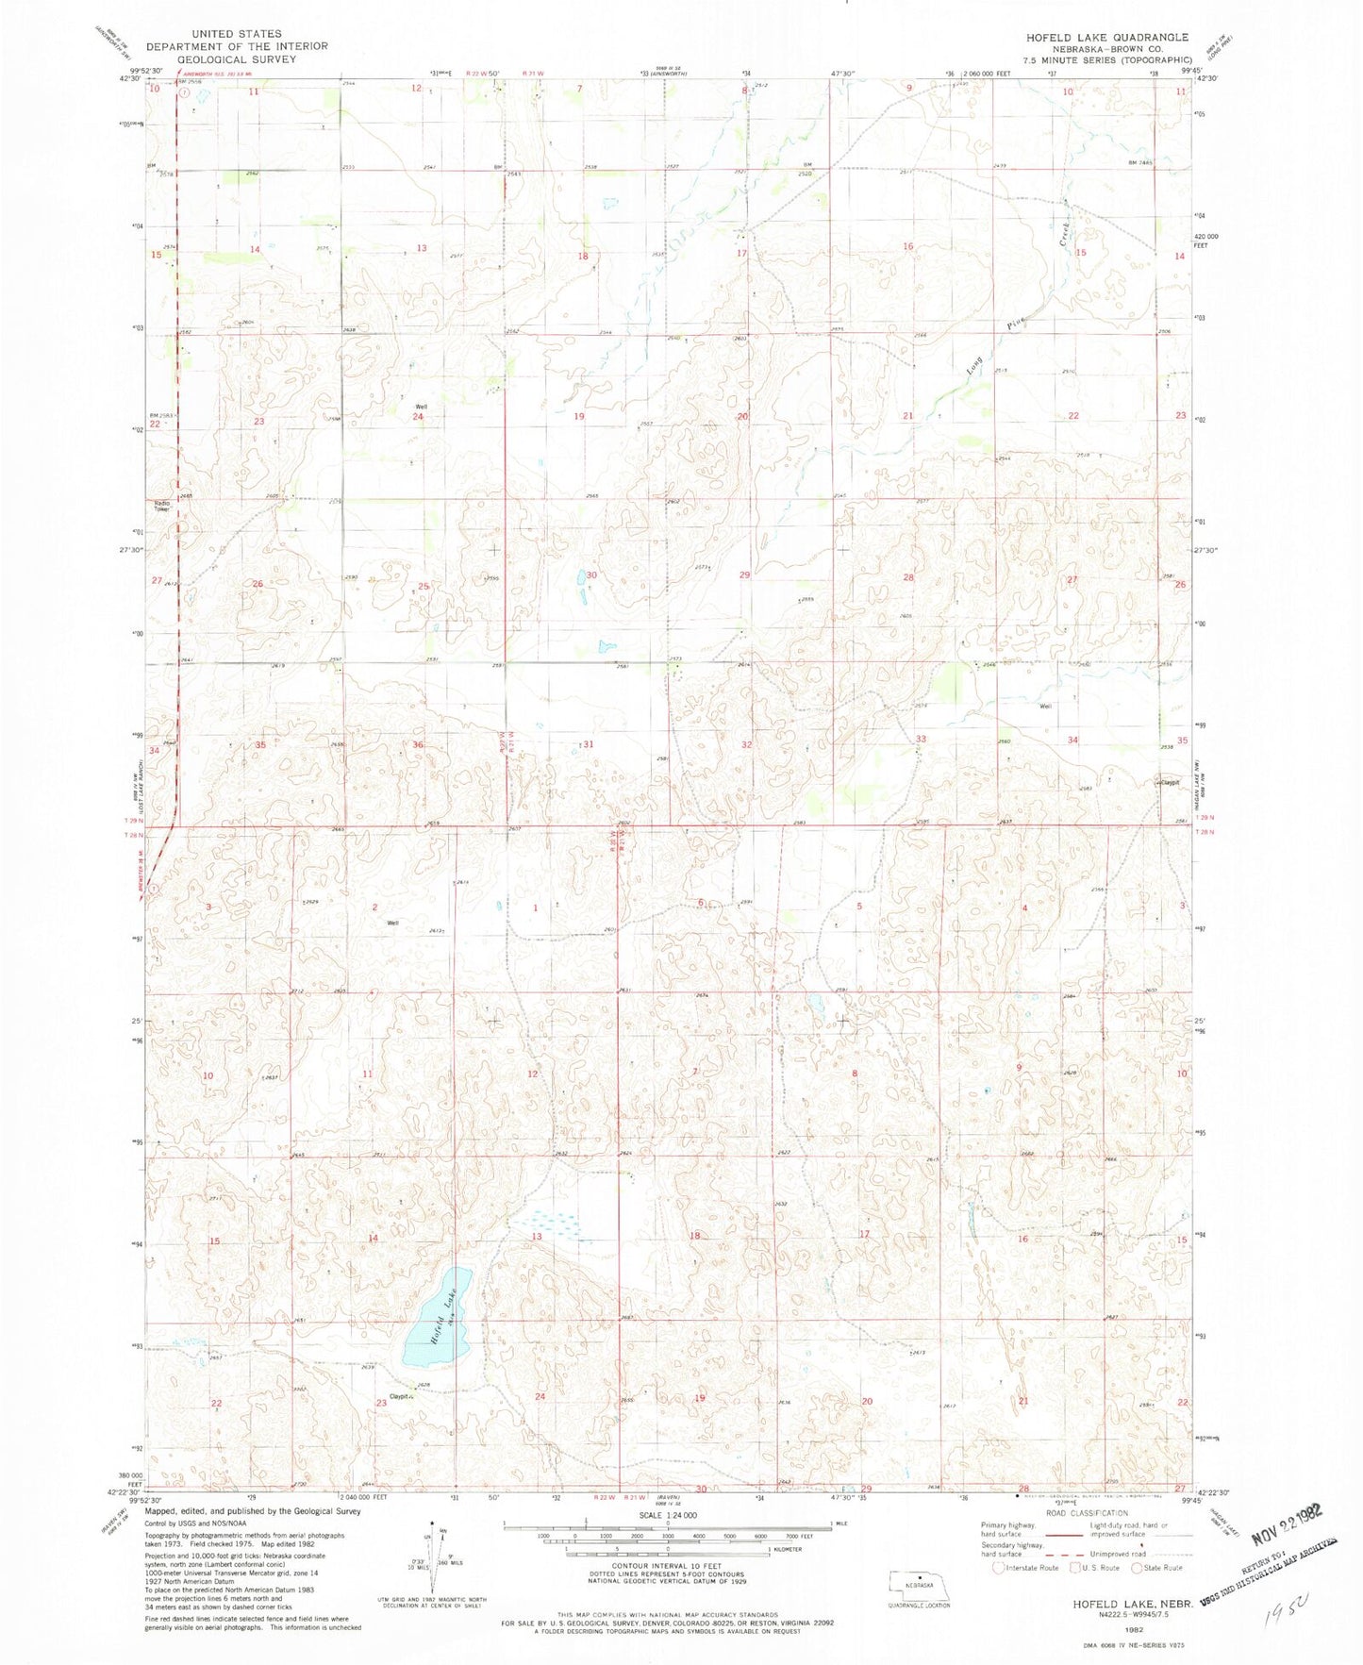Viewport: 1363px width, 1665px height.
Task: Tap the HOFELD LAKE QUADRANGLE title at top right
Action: pyautogui.click(x=1107, y=37)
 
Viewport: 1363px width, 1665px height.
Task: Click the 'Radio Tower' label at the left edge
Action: pyautogui.click(x=162, y=506)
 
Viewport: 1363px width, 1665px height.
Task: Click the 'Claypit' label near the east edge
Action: pyautogui.click(x=1170, y=782)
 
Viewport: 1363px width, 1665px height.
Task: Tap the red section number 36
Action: pyautogui.click(x=418, y=745)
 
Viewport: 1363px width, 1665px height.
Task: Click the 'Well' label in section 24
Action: pyautogui.click(x=422, y=407)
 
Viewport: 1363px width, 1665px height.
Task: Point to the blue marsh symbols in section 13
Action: pyautogui.click(x=549, y=1221)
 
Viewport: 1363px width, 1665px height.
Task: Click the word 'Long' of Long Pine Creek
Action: pyautogui.click(x=975, y=364)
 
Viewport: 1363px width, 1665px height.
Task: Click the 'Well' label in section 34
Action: pyautogui.click(x=1045, y=707)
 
